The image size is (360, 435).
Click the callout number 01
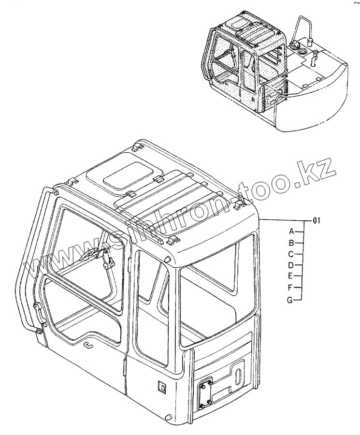coord(317,221)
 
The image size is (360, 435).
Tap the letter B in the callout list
coord(292,243)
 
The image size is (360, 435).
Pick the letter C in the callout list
coord(291,254)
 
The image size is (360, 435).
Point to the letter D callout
coord(291,265)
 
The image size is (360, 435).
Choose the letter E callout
coord(291,276)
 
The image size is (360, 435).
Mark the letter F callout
coord(291,288)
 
